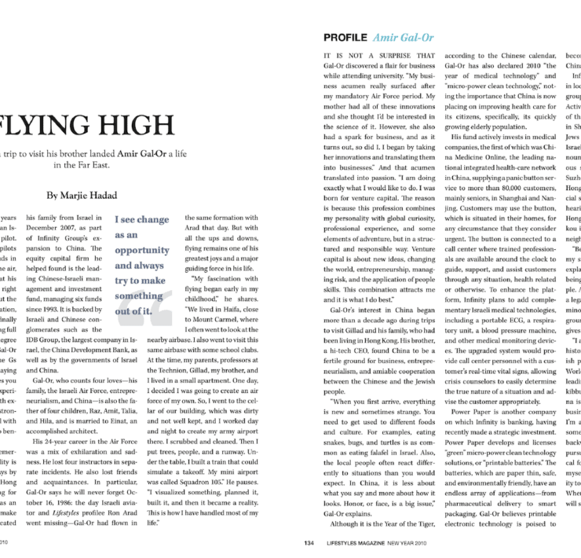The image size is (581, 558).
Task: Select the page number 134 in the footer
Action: coord(309,541)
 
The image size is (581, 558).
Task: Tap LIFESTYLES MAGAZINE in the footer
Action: coord(355,541)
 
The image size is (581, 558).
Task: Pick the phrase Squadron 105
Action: coord(235,478)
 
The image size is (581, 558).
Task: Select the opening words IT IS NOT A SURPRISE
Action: coord(367,57)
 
